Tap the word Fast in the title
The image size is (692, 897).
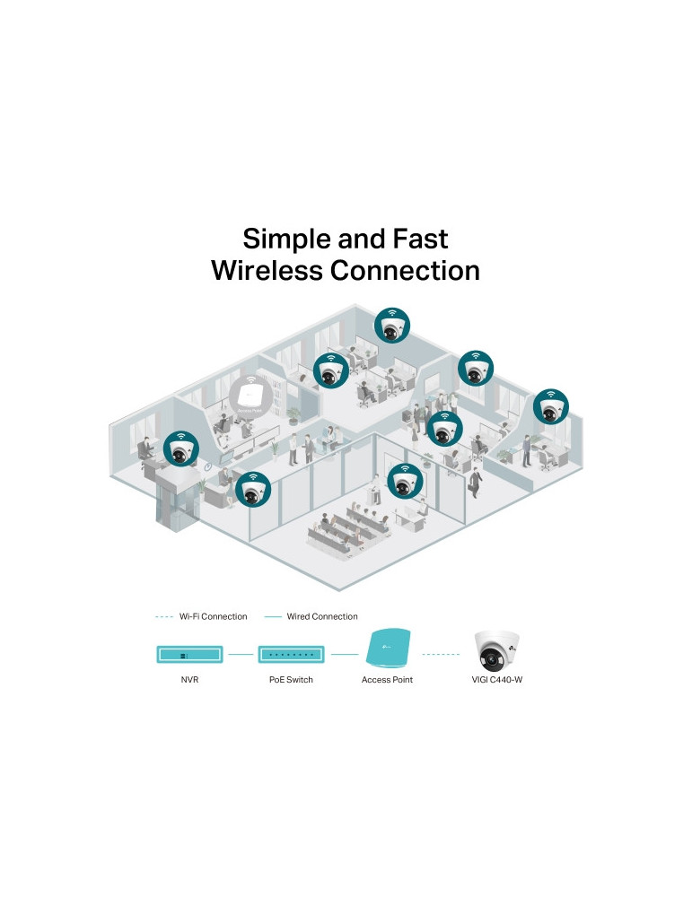click(x=416, y=239)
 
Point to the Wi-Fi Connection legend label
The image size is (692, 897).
click(x=213, y=617)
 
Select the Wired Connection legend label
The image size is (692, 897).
click(x=322, y=617)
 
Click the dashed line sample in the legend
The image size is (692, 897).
click(x=164, y=617)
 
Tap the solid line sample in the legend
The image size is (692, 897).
click(x=274, y=617)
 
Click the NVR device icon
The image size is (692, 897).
click(x=189, y=655)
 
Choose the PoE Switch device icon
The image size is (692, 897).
click(x=291, y=655)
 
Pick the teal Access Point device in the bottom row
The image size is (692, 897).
click(x=387, y=649)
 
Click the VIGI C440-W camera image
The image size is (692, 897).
click(x=497, y=649)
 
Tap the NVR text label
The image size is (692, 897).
click(x=189, y=681)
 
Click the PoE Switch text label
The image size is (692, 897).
click(x=291, y=681)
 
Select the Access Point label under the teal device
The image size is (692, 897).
click(x=387, y=681)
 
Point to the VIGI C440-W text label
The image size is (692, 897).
click(x=497, y=681)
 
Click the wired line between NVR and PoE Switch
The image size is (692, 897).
click(x=240, y=655)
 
